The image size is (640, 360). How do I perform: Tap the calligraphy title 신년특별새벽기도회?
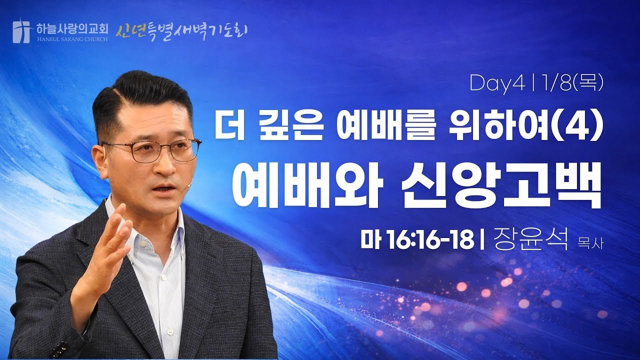tap(182, 31)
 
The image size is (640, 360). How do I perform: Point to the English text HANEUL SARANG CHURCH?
tap(71, 38)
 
